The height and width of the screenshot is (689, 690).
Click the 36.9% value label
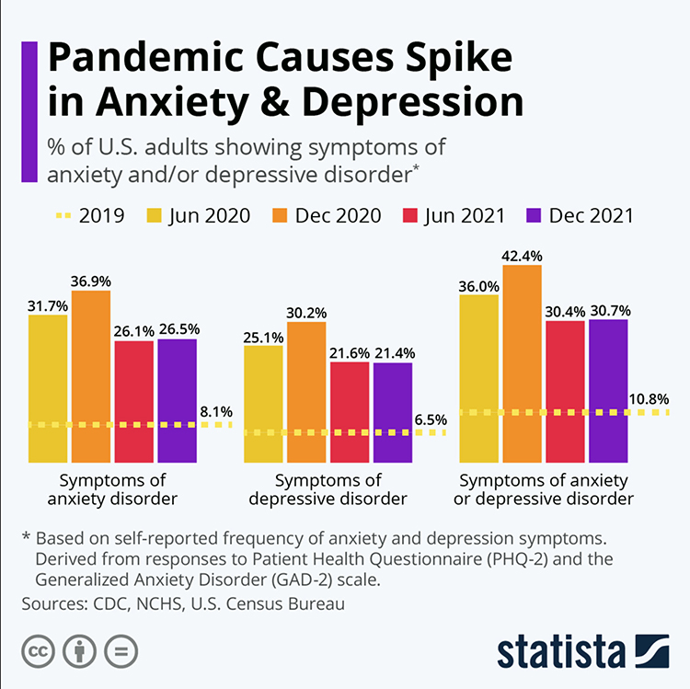pyautogui.click(x=90, y=279)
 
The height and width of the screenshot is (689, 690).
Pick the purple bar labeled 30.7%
pyautogui.click(x=608, y=390)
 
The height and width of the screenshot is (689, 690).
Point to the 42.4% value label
pyautogui.click(x=522, y=253)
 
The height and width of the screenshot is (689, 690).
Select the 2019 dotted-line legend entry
pyautogui.click(x=86, y=216)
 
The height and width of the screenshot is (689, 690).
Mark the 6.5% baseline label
pyautogui.click(x=431, y=420)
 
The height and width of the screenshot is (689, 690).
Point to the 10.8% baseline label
pyautogui.click(x=650, y=400)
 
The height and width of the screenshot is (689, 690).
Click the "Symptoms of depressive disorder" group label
pyautogui.click(x=340, y=489)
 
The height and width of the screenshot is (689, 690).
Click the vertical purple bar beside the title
pyautogui.click(x=29, y=110)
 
